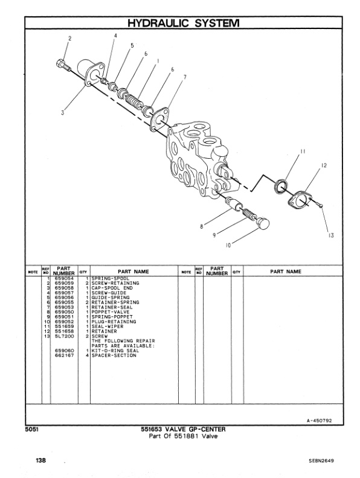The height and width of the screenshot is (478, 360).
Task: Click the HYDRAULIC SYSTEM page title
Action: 180,23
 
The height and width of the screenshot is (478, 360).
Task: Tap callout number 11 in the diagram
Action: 304,151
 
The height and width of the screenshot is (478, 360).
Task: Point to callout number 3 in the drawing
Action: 63,110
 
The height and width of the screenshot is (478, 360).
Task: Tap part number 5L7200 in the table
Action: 63,336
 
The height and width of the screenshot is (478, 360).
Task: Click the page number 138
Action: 40,460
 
